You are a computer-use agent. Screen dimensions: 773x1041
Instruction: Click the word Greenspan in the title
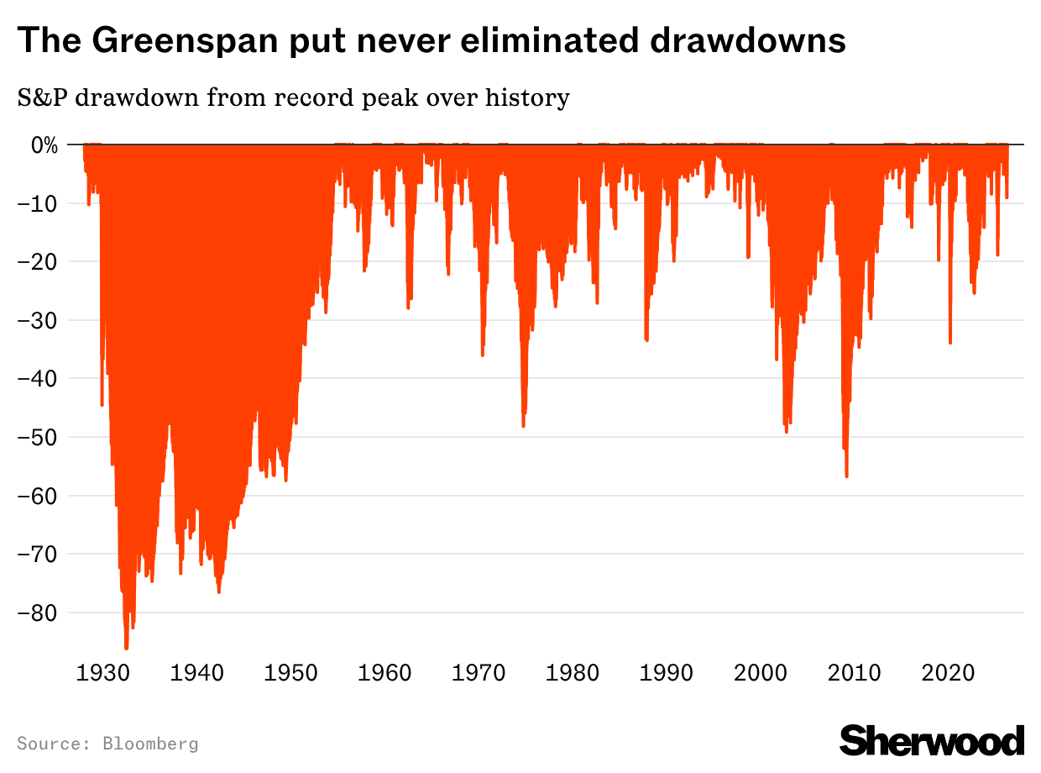[165, 40]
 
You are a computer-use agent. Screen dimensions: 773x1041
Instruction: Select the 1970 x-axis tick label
[479, 673]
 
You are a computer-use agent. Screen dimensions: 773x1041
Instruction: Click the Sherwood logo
[932, 740]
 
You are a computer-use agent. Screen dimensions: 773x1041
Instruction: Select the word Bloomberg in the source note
[150, 744]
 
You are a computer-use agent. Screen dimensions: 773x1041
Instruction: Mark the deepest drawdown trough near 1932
[126, 648]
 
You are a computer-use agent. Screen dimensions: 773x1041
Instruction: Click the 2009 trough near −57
[846, 476]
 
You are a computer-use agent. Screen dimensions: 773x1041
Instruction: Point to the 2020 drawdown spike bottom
[950, 342]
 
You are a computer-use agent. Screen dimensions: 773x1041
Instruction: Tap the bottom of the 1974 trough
[523, 426]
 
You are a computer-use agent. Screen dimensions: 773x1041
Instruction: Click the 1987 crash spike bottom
[646, 339]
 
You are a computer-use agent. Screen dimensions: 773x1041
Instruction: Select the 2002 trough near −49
[786, 431]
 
